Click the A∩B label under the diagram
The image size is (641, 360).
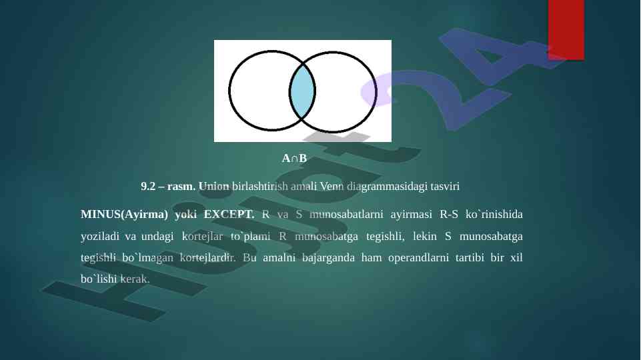(294, 159)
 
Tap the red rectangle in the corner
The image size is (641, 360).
(566, 29)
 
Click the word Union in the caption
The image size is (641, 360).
(214, 187)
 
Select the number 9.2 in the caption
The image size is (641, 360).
(148, 187)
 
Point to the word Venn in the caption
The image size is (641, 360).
(332, 187)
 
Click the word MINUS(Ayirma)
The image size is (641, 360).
(124, 215)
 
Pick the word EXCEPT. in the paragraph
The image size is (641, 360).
(229, 214)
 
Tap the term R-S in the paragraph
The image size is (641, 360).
(449, 214)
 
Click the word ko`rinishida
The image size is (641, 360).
(494, 214)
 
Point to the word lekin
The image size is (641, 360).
(425, 236)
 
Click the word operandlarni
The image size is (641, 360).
(418, 258)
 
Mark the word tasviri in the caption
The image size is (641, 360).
(445, 187)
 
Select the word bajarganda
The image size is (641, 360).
(328, 258)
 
